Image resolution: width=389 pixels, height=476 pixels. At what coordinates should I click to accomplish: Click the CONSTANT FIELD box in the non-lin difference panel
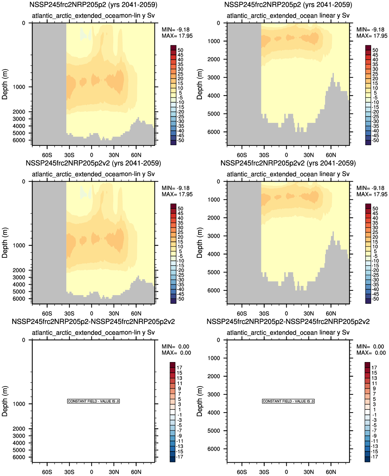[93, 401]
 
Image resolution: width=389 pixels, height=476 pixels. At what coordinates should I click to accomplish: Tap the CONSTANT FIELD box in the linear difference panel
[288, 401]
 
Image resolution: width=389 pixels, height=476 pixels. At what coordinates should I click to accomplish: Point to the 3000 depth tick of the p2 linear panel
[214, 78]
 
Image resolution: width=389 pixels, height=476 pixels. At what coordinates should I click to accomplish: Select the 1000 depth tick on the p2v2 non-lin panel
[19, 245]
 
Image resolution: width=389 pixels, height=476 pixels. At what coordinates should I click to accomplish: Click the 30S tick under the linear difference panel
[264, 472]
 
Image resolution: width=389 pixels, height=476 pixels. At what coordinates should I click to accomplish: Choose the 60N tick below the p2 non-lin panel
[136, 155]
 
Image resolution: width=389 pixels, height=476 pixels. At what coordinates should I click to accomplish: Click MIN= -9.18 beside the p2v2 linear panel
[370, 188]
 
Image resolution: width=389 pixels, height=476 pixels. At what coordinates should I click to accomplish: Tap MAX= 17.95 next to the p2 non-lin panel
[177, 36]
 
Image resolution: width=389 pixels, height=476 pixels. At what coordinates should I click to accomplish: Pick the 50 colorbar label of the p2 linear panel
[375, 50]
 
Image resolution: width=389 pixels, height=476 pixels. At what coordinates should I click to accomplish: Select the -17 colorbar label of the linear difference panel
[374, 457]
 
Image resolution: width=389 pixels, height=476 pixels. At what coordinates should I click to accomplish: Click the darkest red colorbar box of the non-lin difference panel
[172, 365]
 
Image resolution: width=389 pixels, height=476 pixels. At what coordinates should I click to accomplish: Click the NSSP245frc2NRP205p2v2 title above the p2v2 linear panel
[288, 163]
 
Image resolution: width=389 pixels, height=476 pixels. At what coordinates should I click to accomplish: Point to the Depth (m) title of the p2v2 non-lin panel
[5, 243]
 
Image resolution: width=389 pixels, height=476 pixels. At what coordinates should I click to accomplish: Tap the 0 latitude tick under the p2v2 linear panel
[286, 313]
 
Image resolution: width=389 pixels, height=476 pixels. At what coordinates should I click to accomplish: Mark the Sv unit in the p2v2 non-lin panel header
[151, 174]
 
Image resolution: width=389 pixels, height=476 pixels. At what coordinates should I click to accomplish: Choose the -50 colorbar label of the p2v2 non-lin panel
[180, 299]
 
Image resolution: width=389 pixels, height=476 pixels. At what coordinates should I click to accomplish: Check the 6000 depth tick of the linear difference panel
[214, 449]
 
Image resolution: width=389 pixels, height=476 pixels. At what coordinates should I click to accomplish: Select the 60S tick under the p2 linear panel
[242, 155]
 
